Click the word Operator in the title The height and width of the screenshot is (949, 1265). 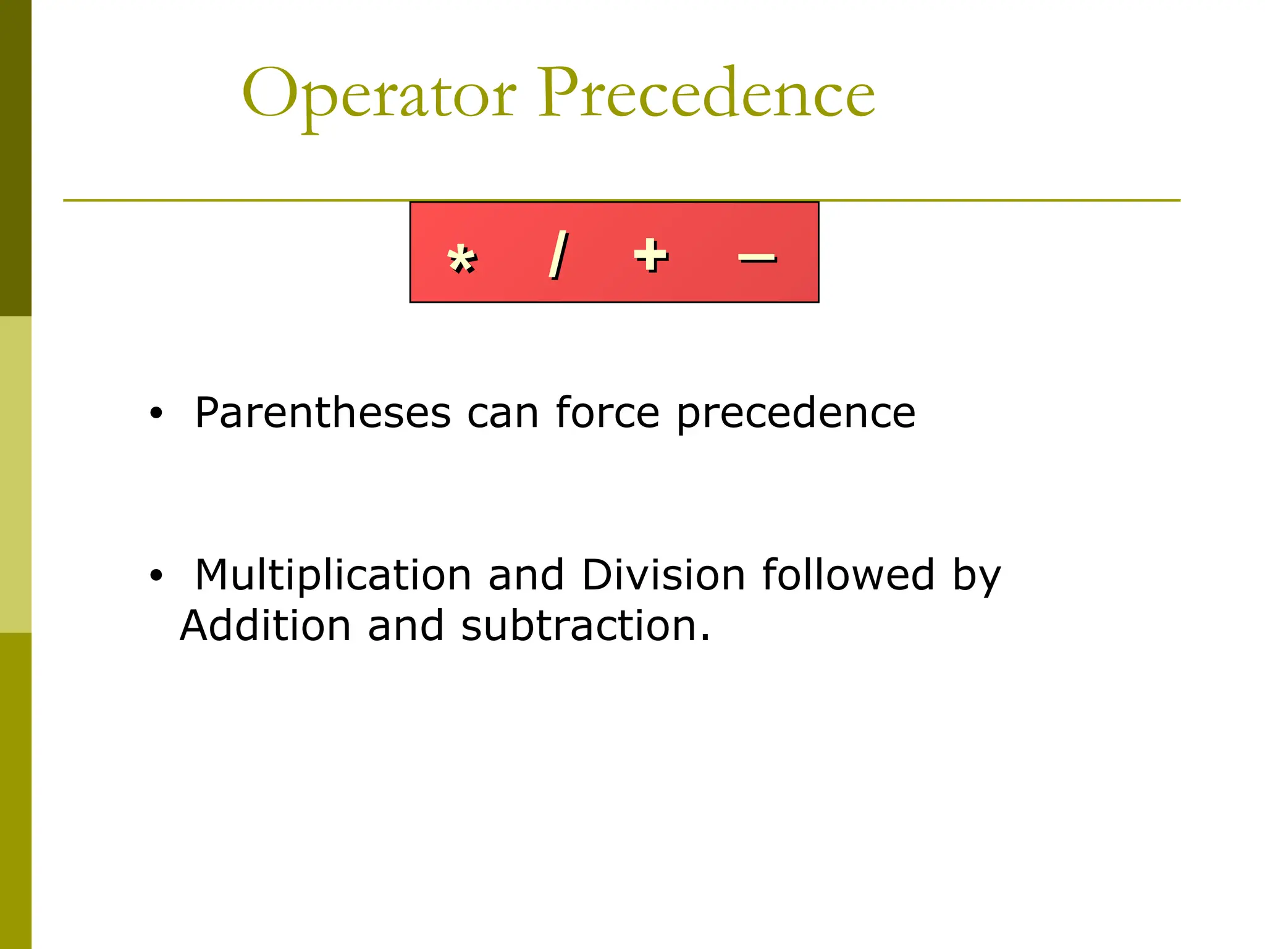pos(379,94)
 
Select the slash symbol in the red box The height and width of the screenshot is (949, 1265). pos(558,255)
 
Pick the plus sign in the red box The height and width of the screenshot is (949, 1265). pos(650,255)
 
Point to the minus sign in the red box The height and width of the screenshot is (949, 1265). pos(757,258)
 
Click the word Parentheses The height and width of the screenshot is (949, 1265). pos(322,413)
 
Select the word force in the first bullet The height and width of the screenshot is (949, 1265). pos(607,412)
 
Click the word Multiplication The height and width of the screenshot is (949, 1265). pos(333,576)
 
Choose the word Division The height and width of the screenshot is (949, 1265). pos(663,575)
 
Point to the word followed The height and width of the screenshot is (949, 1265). pos(848,575)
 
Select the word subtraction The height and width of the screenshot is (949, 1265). pos(585,625)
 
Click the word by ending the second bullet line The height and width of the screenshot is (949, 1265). pos(976,576)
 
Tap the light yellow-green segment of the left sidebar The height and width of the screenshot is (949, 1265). pos(15,474)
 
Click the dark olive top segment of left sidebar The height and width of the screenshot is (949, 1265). pos(15,158)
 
